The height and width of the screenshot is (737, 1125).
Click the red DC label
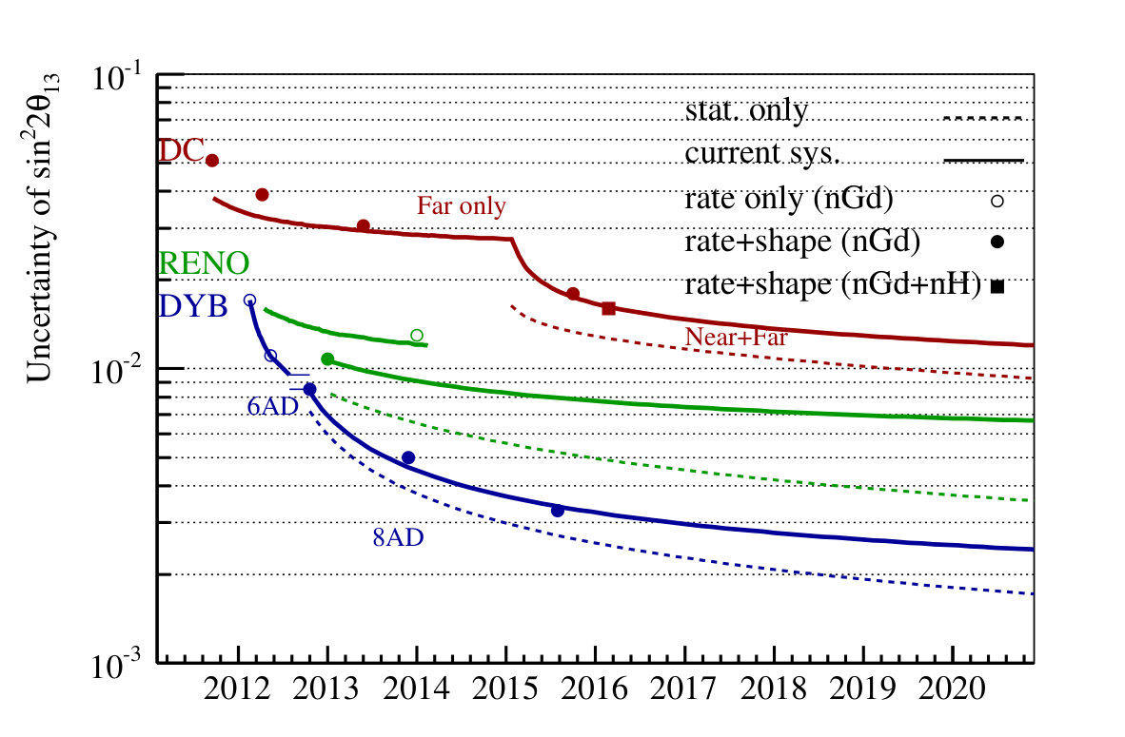181,151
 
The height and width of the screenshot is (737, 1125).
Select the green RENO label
204,263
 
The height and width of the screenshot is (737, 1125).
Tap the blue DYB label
193,306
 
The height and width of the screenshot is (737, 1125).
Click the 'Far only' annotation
462,206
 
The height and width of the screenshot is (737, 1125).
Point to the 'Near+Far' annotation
736,337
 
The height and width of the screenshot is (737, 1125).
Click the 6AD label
272,406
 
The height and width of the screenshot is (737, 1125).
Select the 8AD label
398,537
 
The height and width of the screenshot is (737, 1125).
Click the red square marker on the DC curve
608,308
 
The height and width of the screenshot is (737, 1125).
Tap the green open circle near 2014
417,335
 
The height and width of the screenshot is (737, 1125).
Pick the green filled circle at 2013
327,359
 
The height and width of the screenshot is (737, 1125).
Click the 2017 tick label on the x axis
683,689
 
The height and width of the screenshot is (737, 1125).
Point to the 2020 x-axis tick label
952,689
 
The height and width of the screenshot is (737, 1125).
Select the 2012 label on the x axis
238,689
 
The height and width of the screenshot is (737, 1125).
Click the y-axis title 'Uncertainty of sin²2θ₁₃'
42,228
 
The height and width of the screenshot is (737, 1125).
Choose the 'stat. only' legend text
746,110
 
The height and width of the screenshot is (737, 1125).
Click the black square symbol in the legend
997,286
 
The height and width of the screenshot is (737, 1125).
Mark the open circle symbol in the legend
997,201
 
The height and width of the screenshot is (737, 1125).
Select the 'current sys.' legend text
762,153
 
